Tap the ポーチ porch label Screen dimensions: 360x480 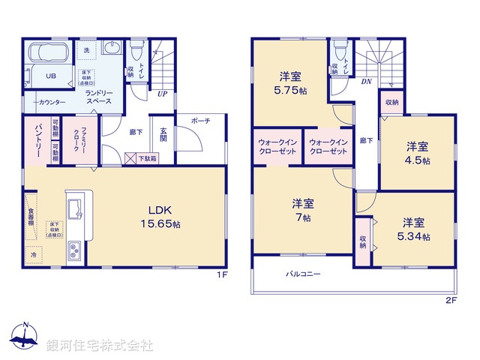click(200, 120)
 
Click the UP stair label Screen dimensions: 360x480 click(162, 94)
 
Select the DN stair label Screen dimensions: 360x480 click(367, 81)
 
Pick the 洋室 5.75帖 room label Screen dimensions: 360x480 click(292, 82)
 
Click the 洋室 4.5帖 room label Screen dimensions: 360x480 click(418, 152)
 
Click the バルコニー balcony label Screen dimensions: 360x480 click(303, 274)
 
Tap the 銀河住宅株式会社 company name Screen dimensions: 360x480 click(100, 346)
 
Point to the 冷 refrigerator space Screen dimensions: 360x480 click(34, 255)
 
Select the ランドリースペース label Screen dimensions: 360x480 click(99, 96)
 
